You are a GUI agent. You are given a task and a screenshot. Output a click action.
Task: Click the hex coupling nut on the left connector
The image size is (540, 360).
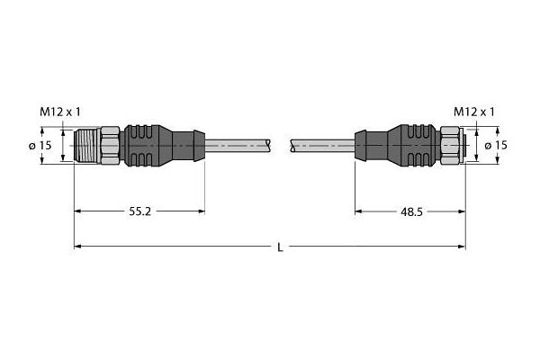[x=108, y=145]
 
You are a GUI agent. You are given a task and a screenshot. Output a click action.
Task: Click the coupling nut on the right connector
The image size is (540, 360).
[x=448, y=145]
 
